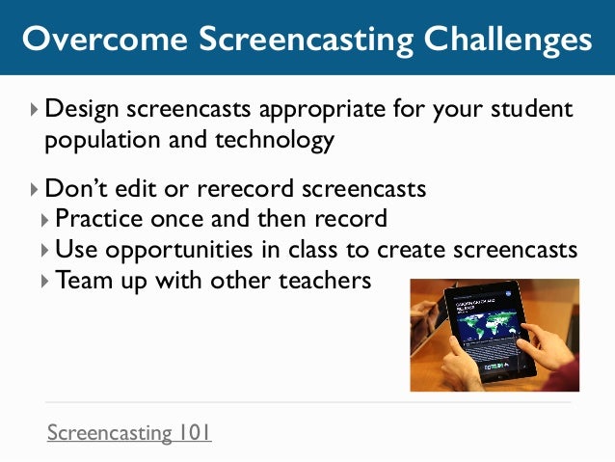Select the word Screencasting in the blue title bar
tap(281, 39)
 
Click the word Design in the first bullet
tap(81, 108)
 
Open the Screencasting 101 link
tap(129, 432)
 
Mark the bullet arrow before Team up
tap(45, 282)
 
